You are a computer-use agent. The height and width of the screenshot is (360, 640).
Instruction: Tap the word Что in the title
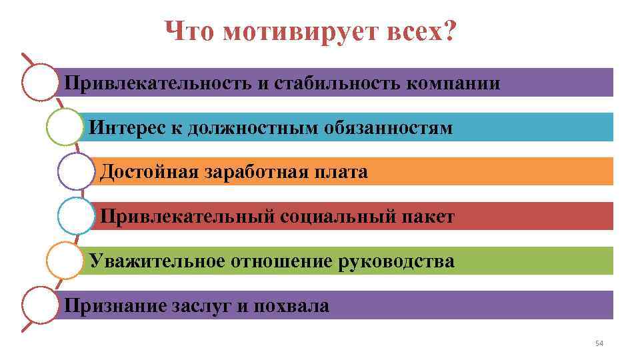click(190, 31)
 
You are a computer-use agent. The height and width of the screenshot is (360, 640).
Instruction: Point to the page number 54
click(598, 343)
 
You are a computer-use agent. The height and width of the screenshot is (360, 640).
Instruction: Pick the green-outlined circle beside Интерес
click(65, 127)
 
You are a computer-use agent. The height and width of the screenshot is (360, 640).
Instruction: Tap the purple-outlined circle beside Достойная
click(76, 171)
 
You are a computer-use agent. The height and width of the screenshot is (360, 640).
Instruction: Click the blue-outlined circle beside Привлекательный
click(76, 216)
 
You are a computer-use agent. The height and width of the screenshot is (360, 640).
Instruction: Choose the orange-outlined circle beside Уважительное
click(65, 261)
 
